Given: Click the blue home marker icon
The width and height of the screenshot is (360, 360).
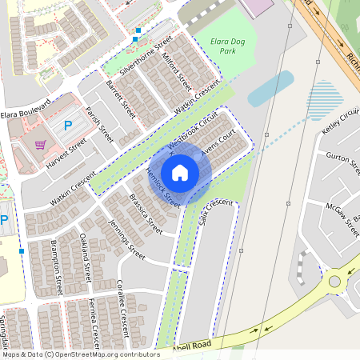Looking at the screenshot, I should coord(180,173).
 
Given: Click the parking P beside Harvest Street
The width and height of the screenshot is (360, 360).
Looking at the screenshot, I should coord(68,125).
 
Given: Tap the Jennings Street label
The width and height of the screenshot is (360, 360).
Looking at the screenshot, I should coord(126,239).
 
